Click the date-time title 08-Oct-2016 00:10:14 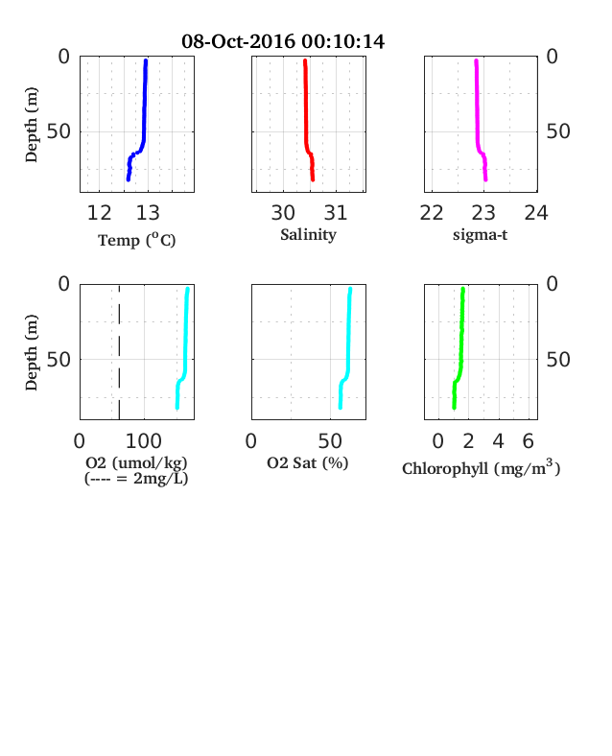[x=283, y=41]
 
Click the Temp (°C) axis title [x=137, y=240]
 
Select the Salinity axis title [x=309, y=235]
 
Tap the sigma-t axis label [x=480, y=235]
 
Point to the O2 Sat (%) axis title [x=308, y=462]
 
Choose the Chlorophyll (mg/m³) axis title [x=481, y=468]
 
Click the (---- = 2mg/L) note [x=136, y=479]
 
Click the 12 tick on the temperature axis [x=99, y=213]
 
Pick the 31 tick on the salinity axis [x=336, y=213]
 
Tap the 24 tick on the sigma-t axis [x=536, y=213]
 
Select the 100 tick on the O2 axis [x=144, y=441]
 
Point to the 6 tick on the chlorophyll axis [x=529, y=441]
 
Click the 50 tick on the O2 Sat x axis [x=330, y=441]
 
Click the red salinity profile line [x=307, y=121]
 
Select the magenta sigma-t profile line [x=478, y=121]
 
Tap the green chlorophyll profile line [x=461, y=348]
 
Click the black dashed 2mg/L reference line [x=119, y=352]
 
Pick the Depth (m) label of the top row [x=31, y=125]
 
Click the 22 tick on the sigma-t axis [x=432, y=213]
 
